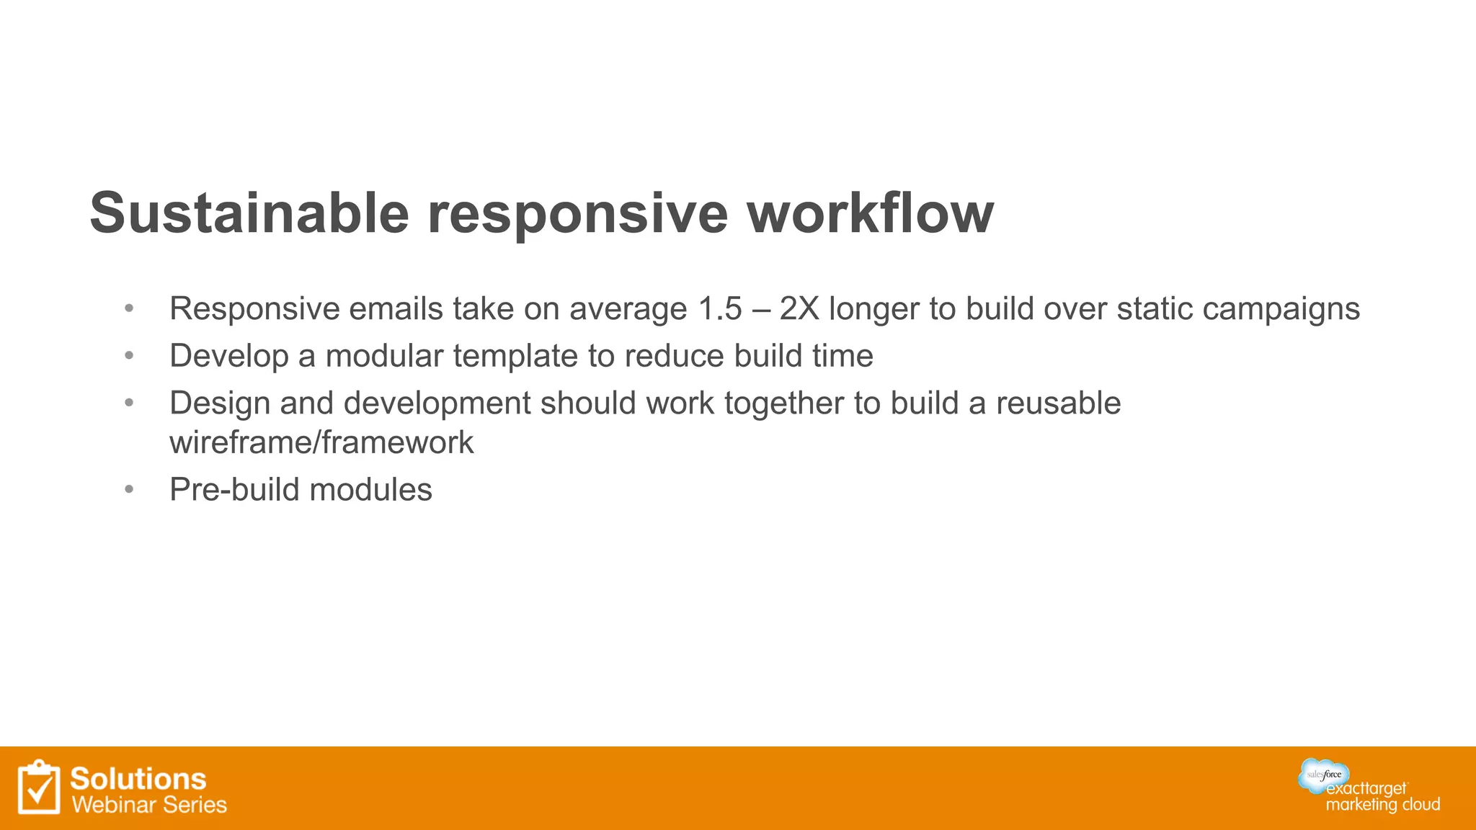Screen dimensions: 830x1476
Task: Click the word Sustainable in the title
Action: click(x=249, y=213)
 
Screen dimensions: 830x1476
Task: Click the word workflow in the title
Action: click(x=870, y=213)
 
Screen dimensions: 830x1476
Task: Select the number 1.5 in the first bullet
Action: click(x=720, y=309)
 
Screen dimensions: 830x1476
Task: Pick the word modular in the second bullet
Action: click(x=383, y=356)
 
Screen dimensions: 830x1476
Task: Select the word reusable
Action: click(x=1058, y=403)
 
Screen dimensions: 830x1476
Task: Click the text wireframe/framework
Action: click(x=321, y=442)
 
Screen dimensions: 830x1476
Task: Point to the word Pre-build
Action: click(x=231, y=490)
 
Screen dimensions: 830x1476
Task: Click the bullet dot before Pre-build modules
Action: click(x=129, y=490)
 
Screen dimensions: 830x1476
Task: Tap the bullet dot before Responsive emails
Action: click(x=129, y=309)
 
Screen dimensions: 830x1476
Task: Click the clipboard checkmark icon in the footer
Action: click(x=39, y=787)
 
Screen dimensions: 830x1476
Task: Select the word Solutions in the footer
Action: click(x=138, y=779)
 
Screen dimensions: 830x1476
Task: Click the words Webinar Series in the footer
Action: click(x=149, y=805)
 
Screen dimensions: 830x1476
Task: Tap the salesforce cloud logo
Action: click(x=1324, y=775)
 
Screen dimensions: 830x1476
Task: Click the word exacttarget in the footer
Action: click(x=1366, y=789)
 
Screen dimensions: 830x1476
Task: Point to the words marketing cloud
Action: click(x=1382, y=805)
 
